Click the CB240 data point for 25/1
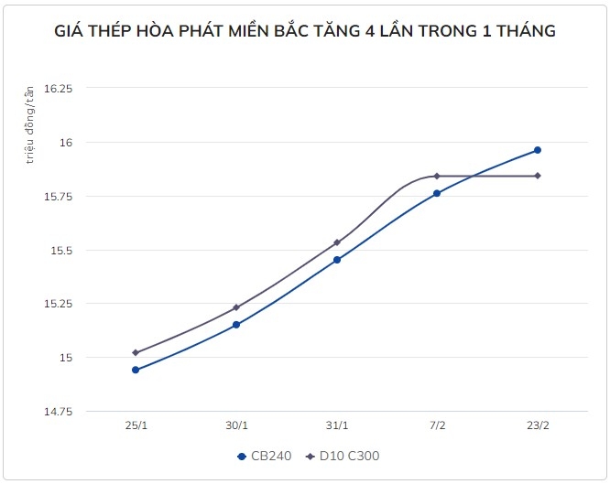136,370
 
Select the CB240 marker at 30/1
236,325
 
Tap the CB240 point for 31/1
337,260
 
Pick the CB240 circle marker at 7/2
437,193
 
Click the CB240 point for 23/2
538,150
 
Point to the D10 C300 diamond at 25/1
136,352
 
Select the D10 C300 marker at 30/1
236,307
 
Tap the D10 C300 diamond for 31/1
337,242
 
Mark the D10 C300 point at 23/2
538,176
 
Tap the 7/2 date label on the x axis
437,426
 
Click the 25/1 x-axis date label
136,426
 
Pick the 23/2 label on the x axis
538,426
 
